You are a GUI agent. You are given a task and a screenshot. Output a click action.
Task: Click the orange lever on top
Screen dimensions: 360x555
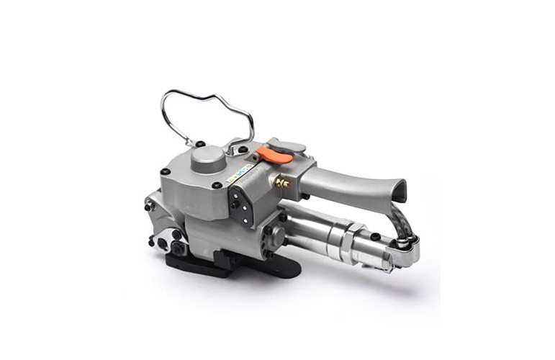(275, 154)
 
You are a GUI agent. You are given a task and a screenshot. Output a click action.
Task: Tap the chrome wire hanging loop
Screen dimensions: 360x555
(209, 104)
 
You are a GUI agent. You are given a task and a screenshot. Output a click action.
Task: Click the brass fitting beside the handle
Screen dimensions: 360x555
(283, 183)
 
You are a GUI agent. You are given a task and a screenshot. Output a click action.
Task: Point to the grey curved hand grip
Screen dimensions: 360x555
(353, 185)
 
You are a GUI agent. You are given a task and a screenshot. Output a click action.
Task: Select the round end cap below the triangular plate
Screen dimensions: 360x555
(274, 237)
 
